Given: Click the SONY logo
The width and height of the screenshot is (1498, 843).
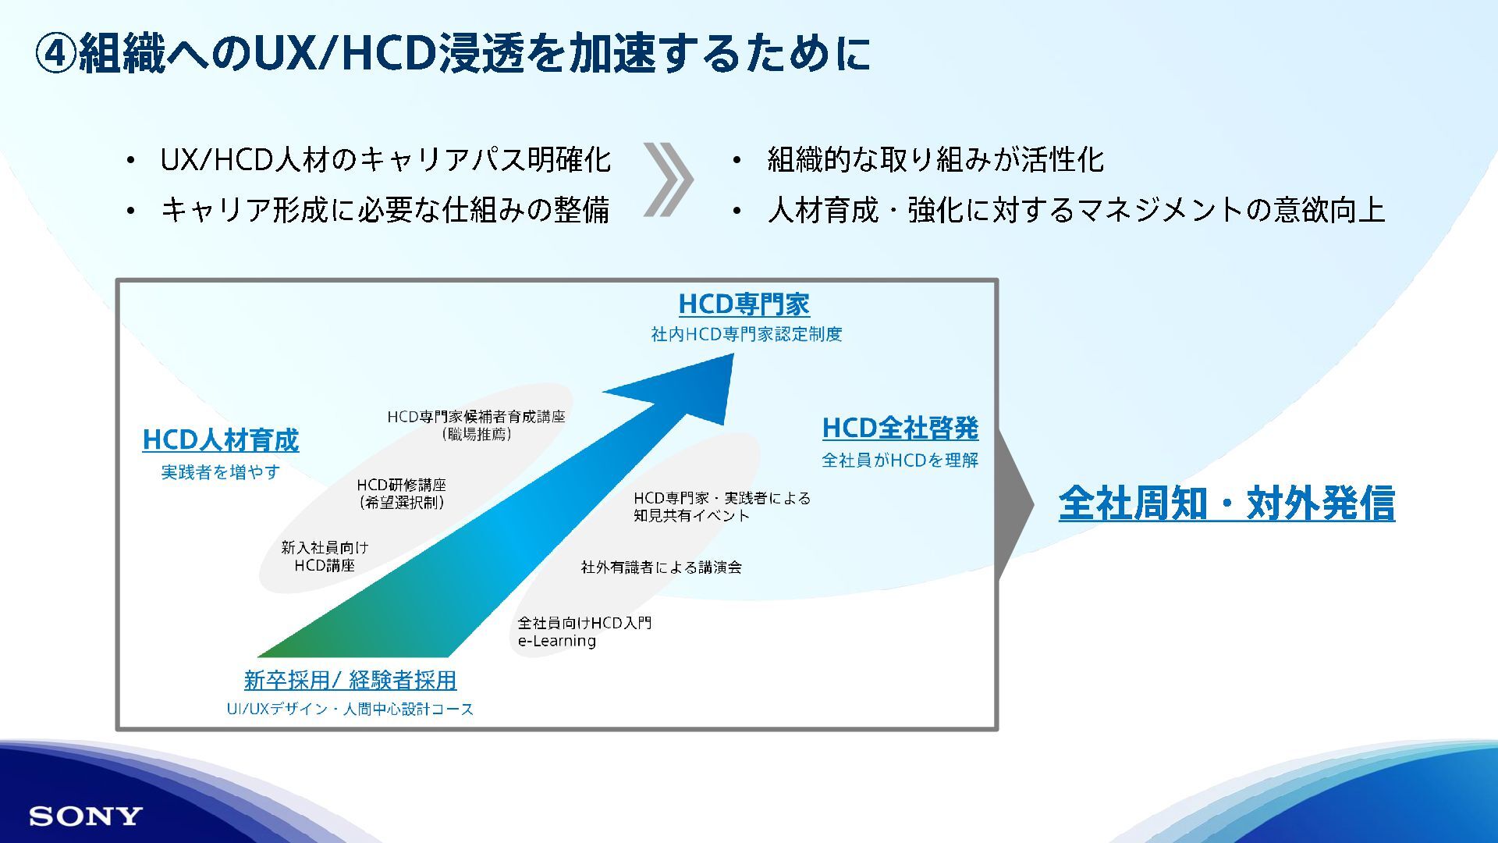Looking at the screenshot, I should (x=86, y=816).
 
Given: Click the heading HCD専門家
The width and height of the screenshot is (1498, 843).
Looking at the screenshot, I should (x=744, y=304).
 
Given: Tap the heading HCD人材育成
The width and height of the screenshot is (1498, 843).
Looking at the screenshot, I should (x=221, y=440).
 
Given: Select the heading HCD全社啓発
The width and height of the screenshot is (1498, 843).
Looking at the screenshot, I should (x=900, y=428).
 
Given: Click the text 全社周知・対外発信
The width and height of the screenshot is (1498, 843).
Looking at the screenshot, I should (x=1226, y=503).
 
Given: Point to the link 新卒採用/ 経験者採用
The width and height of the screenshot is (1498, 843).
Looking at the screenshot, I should (x=350, y=680).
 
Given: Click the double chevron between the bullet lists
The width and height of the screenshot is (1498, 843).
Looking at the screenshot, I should (x=668, y=180).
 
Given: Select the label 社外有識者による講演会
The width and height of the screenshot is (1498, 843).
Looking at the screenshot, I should (x=661, y=567).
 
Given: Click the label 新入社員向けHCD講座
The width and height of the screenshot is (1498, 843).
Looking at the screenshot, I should (x=325, y=557).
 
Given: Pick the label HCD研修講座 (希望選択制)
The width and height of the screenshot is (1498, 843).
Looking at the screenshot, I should (x=402, y=493).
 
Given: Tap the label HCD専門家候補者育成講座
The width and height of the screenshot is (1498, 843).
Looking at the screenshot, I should (x=476, y=417).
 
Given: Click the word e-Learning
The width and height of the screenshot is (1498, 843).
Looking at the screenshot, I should (x=557, y=641).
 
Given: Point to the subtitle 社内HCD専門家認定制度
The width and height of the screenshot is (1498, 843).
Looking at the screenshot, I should (x=747, y=334).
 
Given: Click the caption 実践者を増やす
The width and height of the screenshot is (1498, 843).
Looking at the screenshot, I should (x=220, y=472).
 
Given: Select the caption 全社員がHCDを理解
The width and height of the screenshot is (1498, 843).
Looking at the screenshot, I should (x=900, y=461).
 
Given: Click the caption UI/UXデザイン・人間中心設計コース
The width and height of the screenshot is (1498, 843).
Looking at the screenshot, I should (x=350, y=709).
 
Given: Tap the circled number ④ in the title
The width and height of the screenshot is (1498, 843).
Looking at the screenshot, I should (x=56, y=54).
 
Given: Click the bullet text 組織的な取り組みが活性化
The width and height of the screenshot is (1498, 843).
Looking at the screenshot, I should (x=935, y=160).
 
